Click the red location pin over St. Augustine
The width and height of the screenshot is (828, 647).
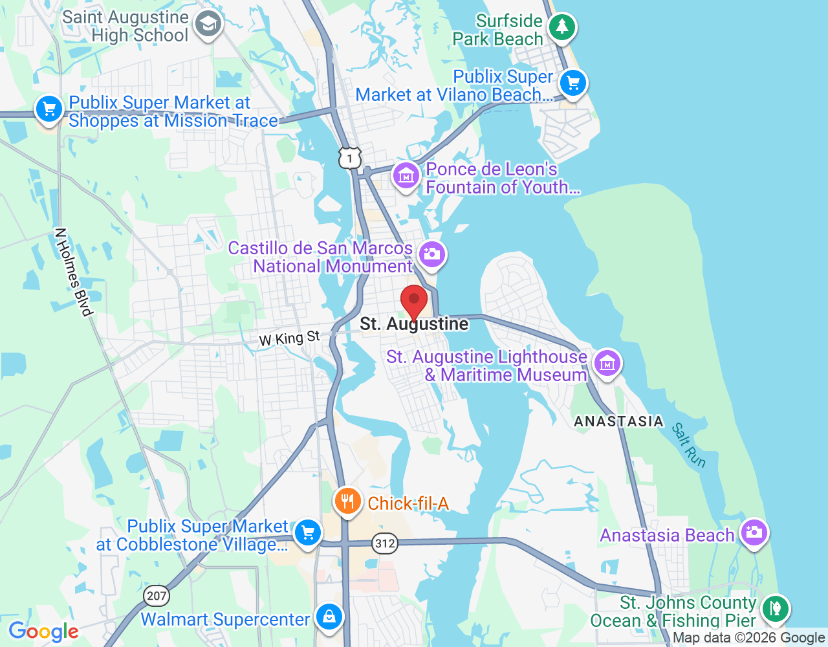(414, 301)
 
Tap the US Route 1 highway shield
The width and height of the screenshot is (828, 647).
(350, 157)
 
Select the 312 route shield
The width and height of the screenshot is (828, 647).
(385, 543)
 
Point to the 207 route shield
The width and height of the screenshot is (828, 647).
(157, 595)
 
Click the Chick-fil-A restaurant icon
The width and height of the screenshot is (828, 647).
(347, 501)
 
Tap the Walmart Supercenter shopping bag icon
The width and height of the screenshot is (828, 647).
(329, 616)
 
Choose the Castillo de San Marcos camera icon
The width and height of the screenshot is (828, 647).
(431, 254)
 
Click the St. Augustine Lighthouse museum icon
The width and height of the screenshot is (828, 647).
(607, 363)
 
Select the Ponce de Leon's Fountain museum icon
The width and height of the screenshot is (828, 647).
(406, 175)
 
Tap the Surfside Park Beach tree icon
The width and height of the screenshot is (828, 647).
(561, 27)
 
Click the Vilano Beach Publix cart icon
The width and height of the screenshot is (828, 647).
(572, 83)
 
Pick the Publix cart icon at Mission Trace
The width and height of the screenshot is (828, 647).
(49, 109)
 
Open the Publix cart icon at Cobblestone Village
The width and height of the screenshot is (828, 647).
(307, 533)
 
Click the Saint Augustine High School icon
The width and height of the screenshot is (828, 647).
(208, 25)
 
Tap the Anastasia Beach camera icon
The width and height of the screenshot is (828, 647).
(754, 532)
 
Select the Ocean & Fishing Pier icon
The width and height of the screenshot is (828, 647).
(775, 608)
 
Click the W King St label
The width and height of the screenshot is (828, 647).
(289, 338)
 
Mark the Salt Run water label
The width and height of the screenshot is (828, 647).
(688, 445)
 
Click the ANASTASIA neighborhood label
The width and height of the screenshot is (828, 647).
(618, 421)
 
